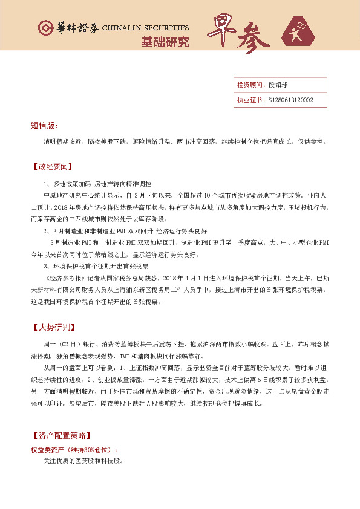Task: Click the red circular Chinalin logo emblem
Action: point(45,28)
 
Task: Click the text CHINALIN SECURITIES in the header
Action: point(146,28)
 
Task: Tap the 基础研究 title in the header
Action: point(165,42)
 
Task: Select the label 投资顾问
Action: point(248,85)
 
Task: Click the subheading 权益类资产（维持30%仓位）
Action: point(74,450)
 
